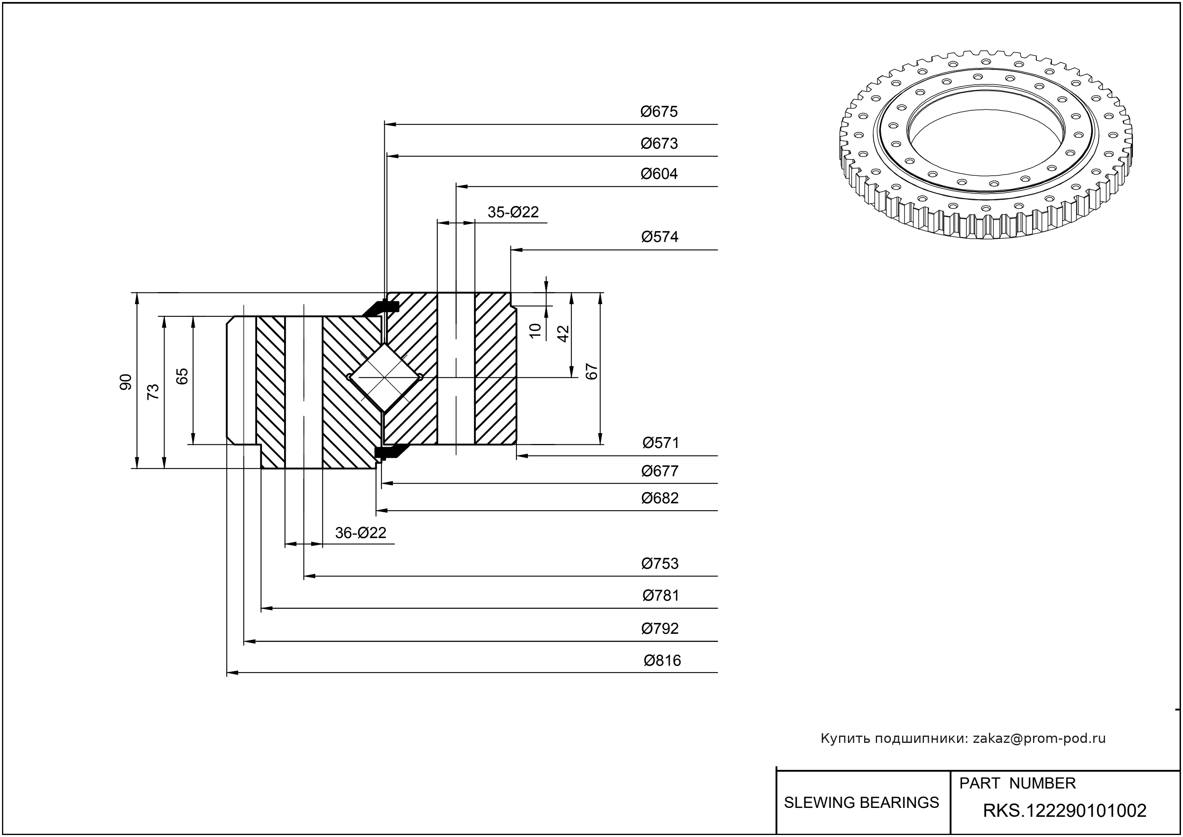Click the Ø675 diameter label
point(659,112)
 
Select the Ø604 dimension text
point(659,174)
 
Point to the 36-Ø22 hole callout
point(361,532)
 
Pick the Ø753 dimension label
point(660,564)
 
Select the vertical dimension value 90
point(126,381)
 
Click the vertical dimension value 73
point(153,392)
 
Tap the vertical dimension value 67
point(592,371)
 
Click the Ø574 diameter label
point(660,237)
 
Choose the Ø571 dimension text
point(660,443)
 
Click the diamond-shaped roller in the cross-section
point(385,377)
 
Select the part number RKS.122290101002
point(1065,811)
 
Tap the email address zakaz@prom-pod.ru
point(1039,738)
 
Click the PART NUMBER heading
point(1017,783)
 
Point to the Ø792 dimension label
point(660,628)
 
